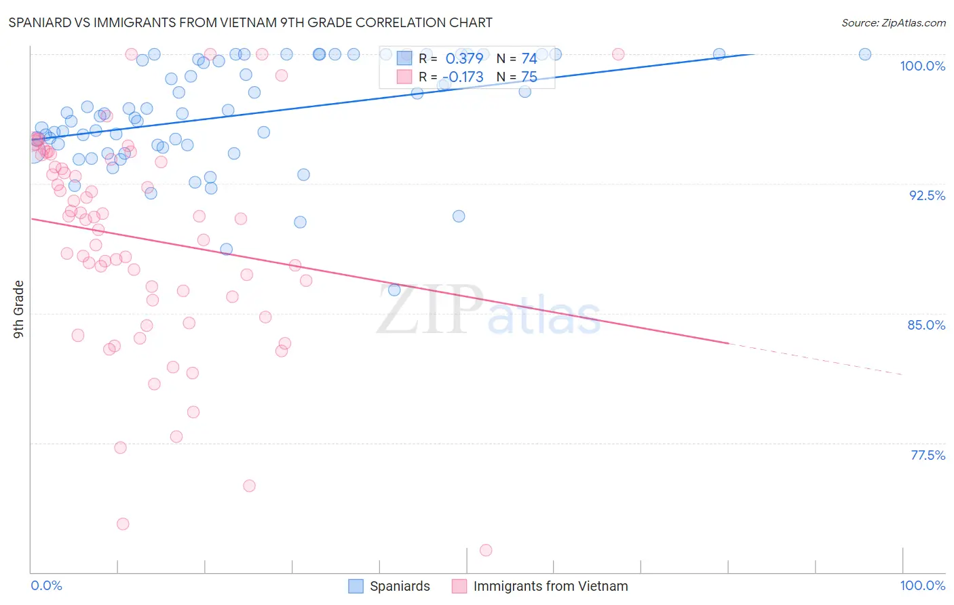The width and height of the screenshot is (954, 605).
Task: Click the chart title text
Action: (x=250, y=22)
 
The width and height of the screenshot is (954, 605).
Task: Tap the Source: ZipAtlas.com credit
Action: (x=893, y=22)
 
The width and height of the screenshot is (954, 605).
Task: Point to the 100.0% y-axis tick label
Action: (x=922, y=66)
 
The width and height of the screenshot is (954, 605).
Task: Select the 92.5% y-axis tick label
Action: (x=927, y=195)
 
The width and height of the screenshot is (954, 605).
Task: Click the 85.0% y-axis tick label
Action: (x=926, y=325)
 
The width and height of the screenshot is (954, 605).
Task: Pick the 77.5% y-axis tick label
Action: (x=928, y=455)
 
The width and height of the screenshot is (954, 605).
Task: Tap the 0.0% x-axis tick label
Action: (x=46, y=585)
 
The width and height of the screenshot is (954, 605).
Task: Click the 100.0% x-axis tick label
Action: (x=922, y=585)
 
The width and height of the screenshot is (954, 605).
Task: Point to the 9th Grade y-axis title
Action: (x=18, y=309)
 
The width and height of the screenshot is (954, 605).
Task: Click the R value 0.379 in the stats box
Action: (x=464, y=59)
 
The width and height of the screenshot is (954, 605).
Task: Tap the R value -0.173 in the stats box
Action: (x=464, y=77)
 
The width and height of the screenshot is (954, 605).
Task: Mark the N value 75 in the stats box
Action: (x=529, y=77)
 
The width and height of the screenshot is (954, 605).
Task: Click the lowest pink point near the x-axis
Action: (x=486, y=550)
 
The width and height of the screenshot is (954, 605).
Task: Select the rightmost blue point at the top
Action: (x=865, y=54)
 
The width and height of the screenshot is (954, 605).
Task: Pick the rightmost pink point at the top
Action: (x=618, y=54)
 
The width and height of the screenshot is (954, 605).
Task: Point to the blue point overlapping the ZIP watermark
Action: (x=394, y=290)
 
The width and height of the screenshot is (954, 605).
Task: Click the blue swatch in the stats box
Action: (x=404, y=58)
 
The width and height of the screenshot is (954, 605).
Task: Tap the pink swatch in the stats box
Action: (x=404, y=77)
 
